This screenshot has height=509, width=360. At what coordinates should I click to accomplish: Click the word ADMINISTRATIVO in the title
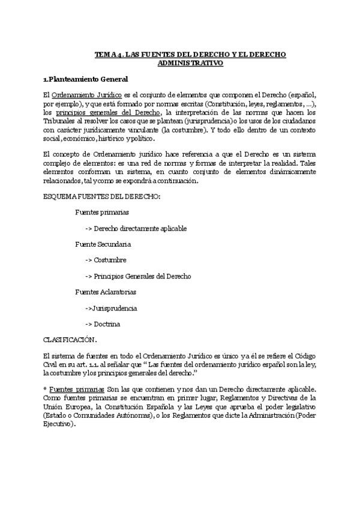coord(190,62)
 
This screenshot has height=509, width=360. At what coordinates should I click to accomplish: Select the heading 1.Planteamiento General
coord(85,79)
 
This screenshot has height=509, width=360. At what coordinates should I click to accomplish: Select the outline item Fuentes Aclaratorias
coord(105,292)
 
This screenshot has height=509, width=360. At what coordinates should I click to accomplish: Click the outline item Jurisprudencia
coord(115,308)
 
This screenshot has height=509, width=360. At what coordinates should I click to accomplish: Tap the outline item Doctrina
coord(107,324)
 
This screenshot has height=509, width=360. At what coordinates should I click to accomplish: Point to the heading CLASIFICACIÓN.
coord(71,339)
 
